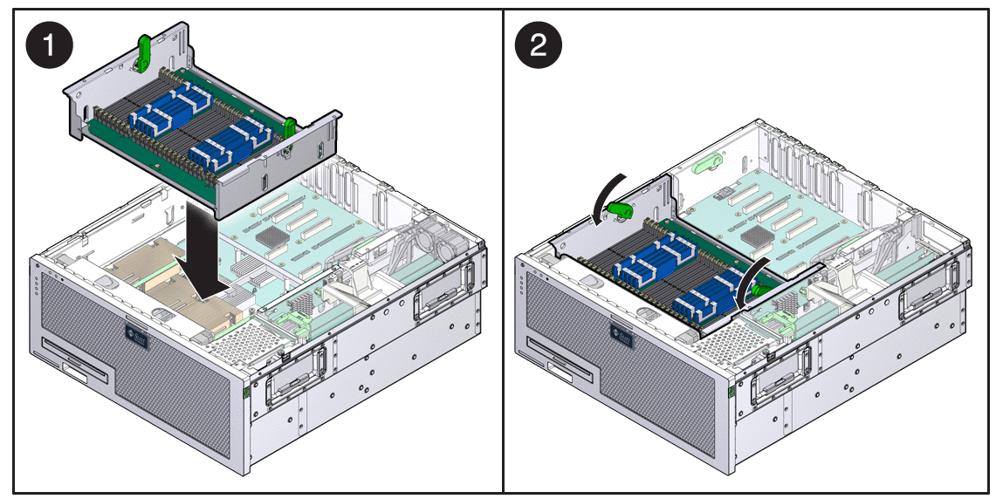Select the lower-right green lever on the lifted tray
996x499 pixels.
point(292,128)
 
